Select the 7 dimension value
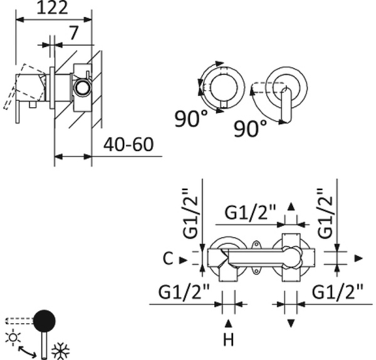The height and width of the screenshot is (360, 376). [74, 34]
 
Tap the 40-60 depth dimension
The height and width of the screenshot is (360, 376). [128, 145]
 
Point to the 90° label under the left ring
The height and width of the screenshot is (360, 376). [191, 119]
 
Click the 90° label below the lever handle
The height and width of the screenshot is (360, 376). [250, 129]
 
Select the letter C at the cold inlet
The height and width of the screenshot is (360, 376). [166, 258]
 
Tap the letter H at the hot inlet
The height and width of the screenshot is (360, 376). [229, 341]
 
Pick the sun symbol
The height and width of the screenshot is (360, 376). [11, 337]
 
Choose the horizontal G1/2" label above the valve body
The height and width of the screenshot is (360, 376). [251, 213]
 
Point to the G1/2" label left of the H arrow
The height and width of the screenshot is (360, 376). [184, 291]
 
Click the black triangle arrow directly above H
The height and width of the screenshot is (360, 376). [229, 323]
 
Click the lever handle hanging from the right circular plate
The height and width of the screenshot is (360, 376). [287, 105]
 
